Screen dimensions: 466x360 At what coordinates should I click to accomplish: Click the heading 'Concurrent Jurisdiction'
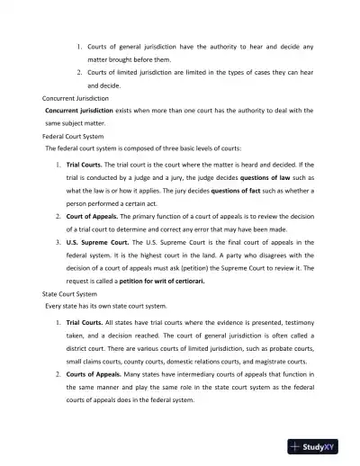[76, 96]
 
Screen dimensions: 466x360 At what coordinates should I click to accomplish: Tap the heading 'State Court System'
[69, 293]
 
